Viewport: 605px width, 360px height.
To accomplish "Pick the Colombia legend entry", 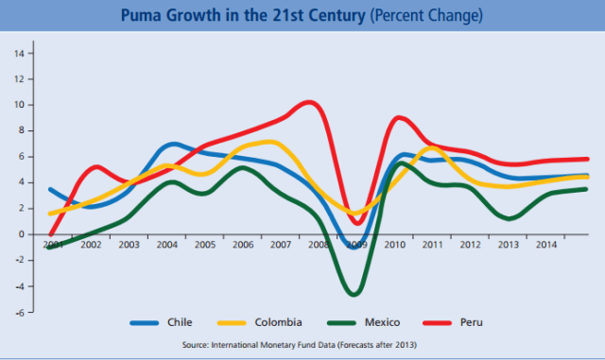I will point(279,323).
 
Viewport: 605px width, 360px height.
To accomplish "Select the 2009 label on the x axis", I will point(355,245).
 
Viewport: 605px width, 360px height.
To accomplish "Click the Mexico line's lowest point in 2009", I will point(354,294).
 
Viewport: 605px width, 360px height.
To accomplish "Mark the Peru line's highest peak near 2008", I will point(311,101).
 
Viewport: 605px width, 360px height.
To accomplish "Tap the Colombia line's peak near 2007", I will point(270,142).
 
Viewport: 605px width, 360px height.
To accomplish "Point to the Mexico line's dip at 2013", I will point(509,218).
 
